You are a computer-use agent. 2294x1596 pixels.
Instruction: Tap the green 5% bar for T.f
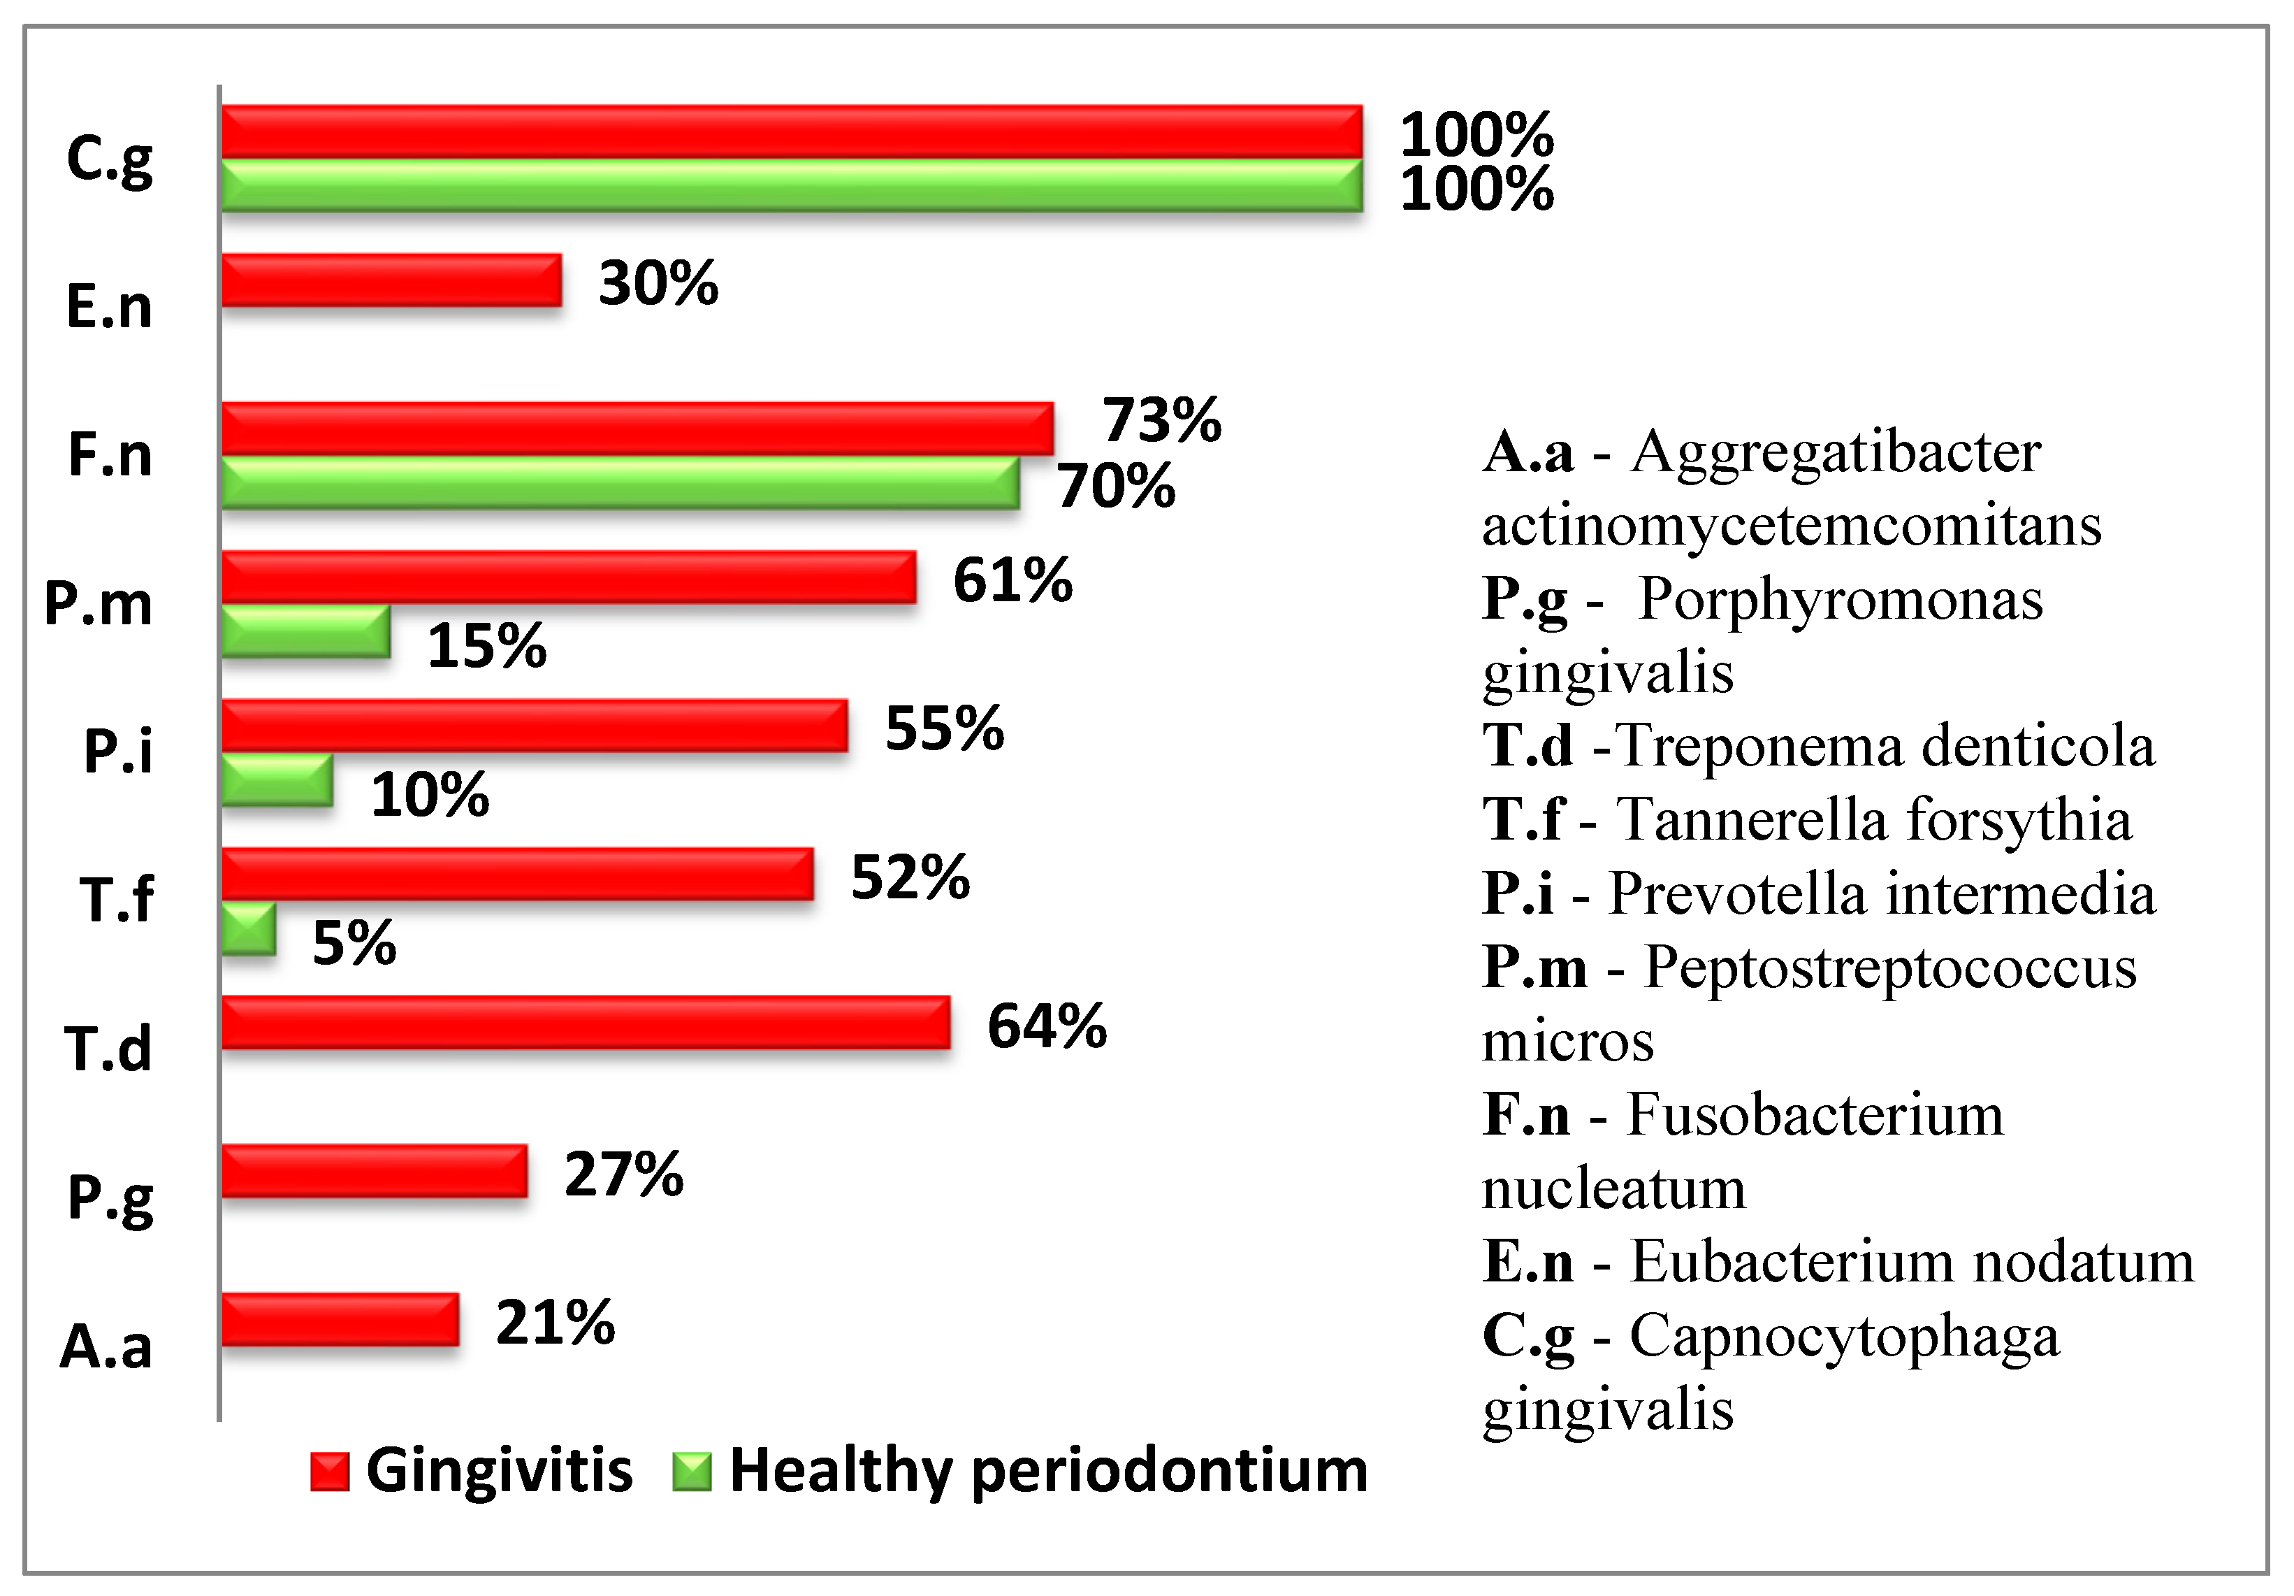tap(248, 929)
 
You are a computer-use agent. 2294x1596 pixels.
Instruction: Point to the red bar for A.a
tap(340, 1320)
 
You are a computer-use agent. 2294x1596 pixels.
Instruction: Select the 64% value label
tap(1046, 1026)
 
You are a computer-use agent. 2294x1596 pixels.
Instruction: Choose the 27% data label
tap(623, 1174)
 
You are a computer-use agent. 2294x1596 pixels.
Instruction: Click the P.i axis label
tap(118, 751)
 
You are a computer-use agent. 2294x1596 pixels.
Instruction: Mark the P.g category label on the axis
tap(110, 1198)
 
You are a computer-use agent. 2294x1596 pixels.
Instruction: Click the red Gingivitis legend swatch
tap(330, 1471)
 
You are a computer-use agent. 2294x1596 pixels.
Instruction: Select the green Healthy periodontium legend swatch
tap(691, 1471)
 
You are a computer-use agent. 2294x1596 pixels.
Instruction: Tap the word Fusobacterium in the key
tap(1815, 1114)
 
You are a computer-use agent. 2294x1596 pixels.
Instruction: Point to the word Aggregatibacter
tap(1836, 453)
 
